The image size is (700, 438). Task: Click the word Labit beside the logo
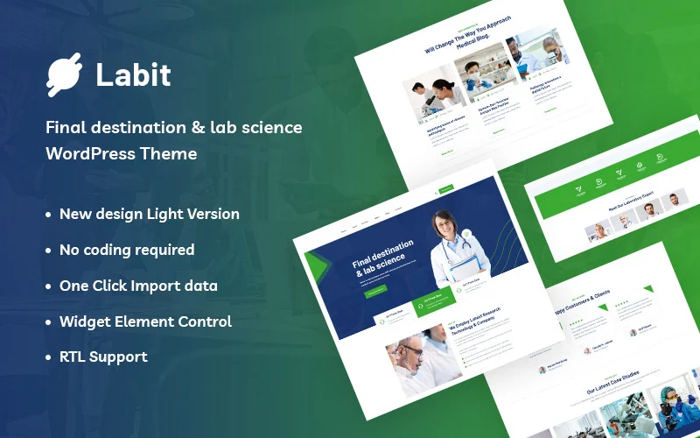(133, 75)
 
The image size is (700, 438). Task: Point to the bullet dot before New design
(48, 215)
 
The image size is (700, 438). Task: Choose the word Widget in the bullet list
(85, 321)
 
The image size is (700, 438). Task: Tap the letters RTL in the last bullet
(74, 357)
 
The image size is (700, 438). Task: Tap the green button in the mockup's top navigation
(447, 188)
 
